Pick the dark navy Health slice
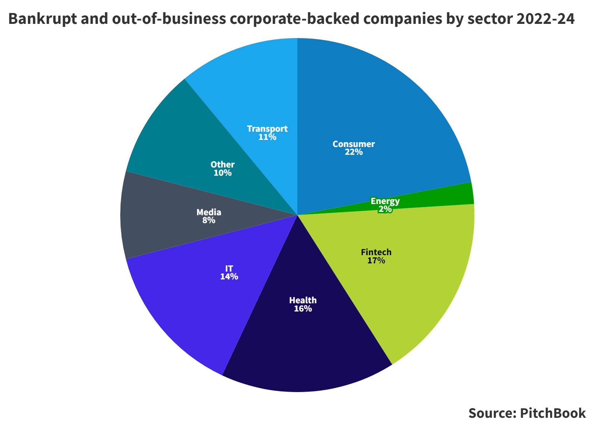coord(306,347)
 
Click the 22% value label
coord(354,152)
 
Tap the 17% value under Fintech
coord(376,261)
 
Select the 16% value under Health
coord(303,309)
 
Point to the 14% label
coord(229,277)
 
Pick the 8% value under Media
coord(209,220)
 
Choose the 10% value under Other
coord(222,173)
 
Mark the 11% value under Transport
coord(267,137)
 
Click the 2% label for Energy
coord(385,209)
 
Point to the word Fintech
coord(376,252)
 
